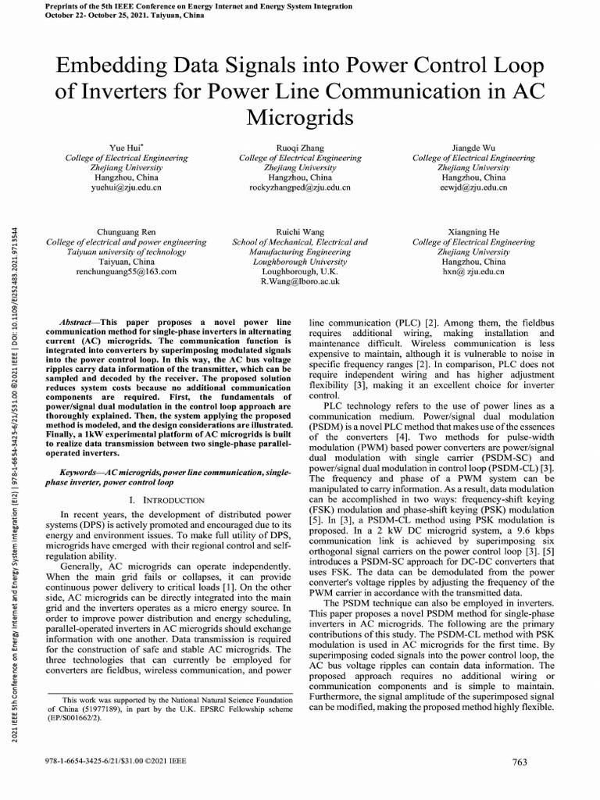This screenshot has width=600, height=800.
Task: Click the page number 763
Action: (520, 762)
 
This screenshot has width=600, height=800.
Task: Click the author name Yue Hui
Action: (126, 148)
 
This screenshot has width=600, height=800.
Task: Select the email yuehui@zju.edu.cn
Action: (127, 188)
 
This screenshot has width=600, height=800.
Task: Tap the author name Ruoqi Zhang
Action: (300, 148)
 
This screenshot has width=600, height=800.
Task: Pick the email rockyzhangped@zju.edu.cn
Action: (300, 188)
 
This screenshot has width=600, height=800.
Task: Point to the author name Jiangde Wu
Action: (473, 148)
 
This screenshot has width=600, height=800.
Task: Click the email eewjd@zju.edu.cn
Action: (473, 188)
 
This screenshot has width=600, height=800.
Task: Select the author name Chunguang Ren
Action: (126, 233)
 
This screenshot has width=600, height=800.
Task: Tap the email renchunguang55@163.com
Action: (127, 272)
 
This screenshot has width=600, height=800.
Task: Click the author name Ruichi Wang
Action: (300, 233)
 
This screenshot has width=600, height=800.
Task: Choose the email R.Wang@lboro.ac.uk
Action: (300, 281)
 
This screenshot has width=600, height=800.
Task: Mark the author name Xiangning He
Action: (473, 233)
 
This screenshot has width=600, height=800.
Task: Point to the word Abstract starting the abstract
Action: (77, 322)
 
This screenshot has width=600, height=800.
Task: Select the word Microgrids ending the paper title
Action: (300, 119)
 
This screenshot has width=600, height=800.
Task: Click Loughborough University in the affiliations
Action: (300, 262)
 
